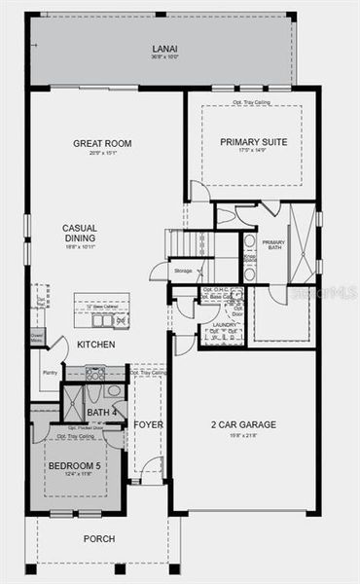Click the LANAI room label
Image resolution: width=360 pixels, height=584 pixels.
163,48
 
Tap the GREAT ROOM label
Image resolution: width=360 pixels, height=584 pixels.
102,143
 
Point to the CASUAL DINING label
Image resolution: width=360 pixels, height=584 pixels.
79,235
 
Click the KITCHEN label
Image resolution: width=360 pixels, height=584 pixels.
96,345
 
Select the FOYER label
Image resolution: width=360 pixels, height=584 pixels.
149,425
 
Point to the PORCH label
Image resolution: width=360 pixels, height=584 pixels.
99,538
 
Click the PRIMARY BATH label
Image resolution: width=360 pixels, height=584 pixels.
274,245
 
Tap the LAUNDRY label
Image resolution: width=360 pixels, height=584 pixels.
223,324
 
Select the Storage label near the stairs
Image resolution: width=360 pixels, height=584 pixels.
182,270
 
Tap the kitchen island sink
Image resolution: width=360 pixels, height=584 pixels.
102,318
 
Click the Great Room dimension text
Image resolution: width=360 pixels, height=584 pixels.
102,152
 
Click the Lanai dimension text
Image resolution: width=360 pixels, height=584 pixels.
163,56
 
